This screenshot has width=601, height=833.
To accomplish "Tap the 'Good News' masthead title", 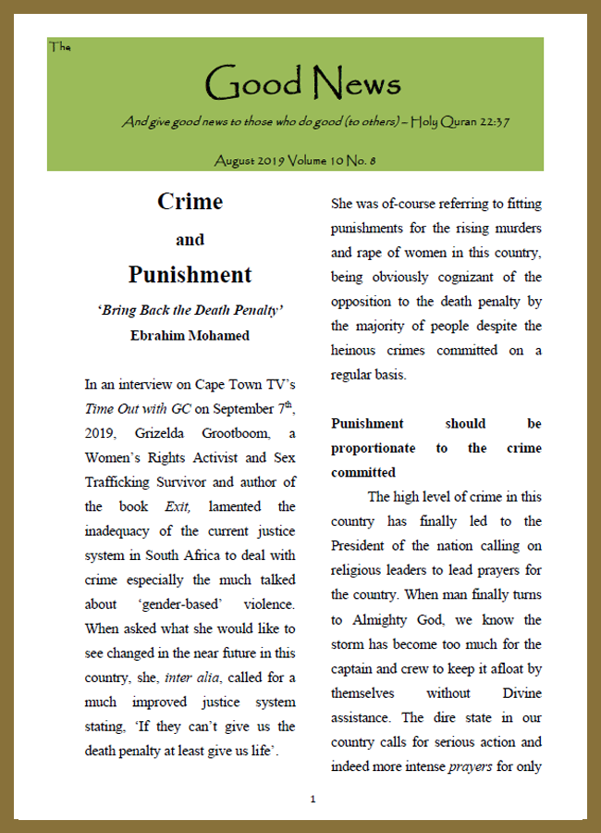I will pos(301,84).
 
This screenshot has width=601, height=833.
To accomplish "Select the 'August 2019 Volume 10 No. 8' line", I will pos(294,160).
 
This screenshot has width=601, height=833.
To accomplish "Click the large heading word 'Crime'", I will pos(190,201).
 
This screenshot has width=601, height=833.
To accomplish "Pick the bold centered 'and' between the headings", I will pos(190,240).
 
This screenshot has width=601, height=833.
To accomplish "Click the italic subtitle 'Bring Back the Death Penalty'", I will pos(190,310).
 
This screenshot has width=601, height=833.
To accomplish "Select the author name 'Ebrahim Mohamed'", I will pos(190,335).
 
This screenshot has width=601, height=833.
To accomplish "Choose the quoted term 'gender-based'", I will pos(191,604).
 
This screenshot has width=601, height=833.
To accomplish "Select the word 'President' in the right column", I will pos(362,546).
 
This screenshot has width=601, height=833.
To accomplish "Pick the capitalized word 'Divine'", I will pos(520,692).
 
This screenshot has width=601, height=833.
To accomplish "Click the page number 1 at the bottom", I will pos(313,798).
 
